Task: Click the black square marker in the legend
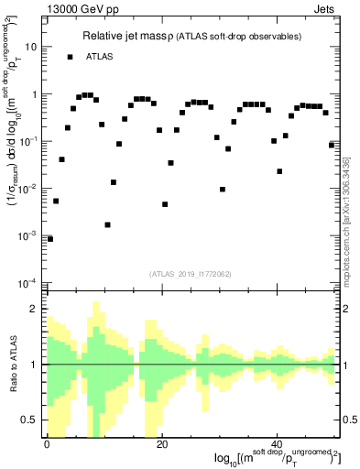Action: pos(70,57)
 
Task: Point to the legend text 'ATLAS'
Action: pos(101,57)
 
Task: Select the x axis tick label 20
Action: pos(162,443)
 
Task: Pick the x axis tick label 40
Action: pos(278,443)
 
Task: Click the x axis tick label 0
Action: pos(47,443)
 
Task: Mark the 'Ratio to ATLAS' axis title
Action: pos(16,364)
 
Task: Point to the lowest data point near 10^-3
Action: pos(49,238)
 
